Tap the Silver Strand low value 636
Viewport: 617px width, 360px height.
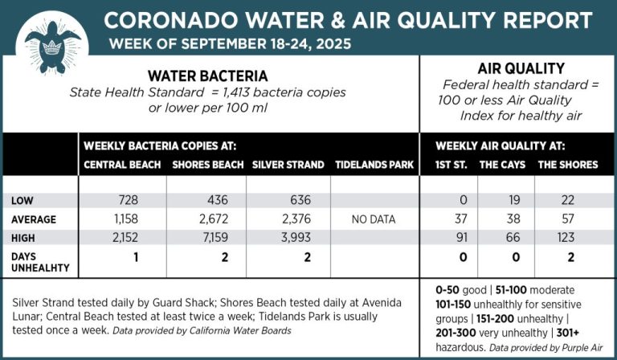[x=291, y=199]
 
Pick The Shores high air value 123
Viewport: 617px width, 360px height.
[x=568, y=238]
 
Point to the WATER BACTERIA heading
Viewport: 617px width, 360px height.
[x=207, y=75]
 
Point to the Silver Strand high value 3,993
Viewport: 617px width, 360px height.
[x=291, y=238]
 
